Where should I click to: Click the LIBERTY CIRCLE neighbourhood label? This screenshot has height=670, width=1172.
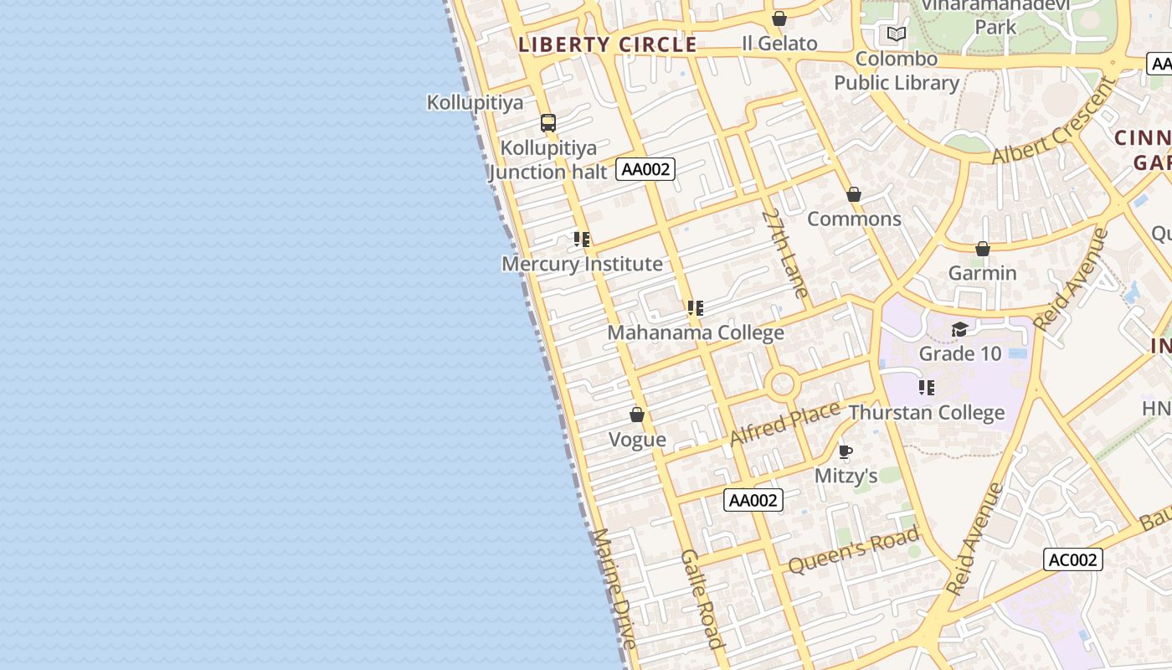607,44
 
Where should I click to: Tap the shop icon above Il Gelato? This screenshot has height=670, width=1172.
779,18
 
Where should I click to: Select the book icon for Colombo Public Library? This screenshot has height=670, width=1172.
897,34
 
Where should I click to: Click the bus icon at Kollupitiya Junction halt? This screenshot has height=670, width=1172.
548,123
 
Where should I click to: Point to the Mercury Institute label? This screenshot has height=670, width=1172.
582,264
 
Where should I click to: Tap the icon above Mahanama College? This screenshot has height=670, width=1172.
695,308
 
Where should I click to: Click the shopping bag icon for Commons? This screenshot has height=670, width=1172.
854,194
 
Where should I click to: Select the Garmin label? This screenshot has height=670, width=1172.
982,273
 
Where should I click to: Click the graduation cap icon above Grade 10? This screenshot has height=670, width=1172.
959,329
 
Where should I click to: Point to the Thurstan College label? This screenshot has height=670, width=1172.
927,413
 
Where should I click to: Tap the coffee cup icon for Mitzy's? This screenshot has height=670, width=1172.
846,452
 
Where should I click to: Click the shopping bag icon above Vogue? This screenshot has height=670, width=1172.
637,415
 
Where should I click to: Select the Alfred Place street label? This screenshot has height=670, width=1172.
784,424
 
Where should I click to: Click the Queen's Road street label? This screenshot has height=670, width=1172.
854,550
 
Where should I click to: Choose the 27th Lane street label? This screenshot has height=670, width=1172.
785,253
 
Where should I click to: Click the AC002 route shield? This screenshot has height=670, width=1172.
1072,559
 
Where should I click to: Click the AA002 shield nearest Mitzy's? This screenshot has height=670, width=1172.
753,500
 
